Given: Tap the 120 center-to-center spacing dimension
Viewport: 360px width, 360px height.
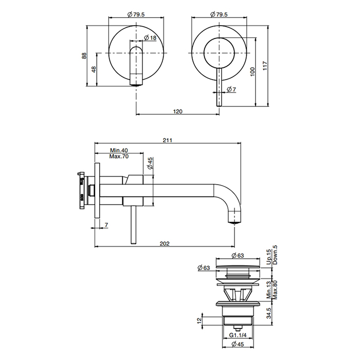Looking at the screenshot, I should (178, 110).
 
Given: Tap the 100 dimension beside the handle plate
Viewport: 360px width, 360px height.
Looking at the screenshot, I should (253, 71).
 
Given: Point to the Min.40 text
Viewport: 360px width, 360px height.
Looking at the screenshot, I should (119, 150).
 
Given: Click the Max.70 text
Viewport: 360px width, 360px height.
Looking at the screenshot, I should (119, 156).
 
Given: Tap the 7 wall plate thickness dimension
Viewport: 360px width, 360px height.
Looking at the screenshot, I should (106, 225).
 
